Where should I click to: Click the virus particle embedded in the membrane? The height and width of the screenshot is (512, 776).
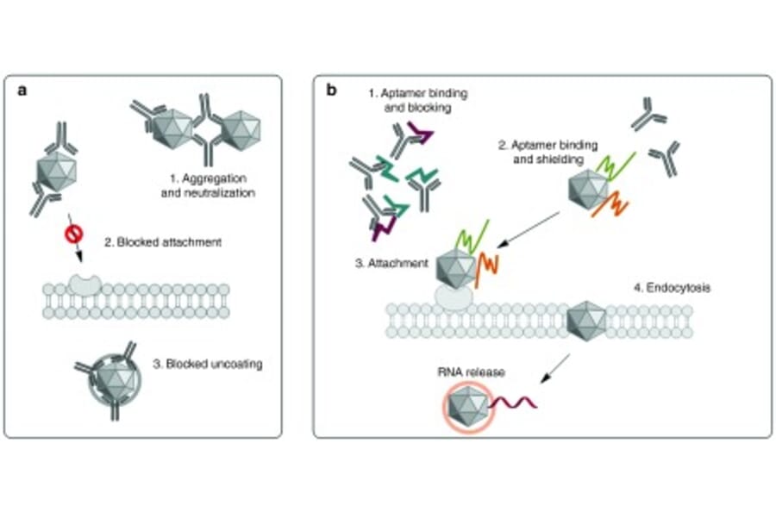(585, 320)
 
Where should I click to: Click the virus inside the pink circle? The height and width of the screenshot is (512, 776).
(469, 402)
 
